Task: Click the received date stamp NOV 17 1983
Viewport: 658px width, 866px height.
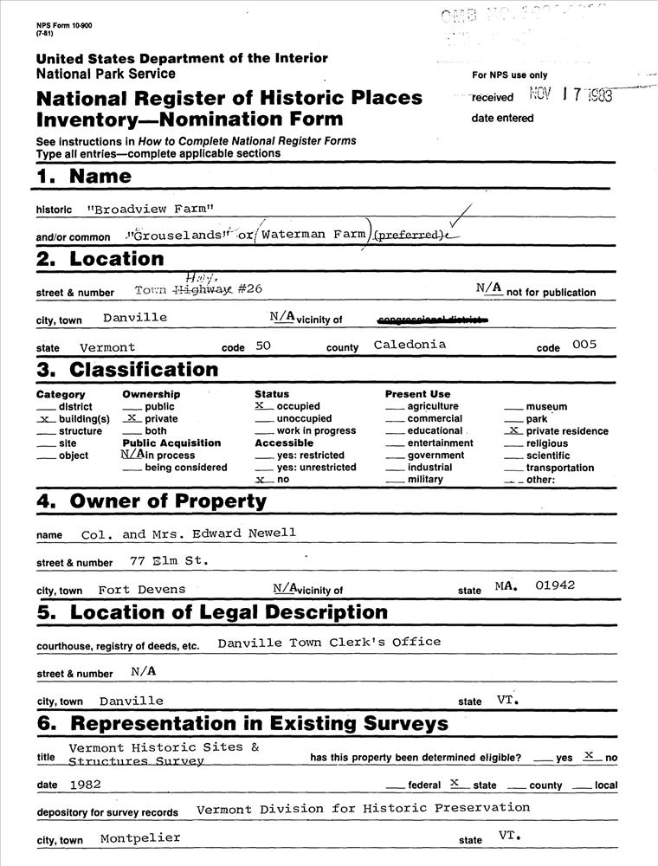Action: (x=571, y=95)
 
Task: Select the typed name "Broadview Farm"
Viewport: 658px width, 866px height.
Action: (x=151, y=209)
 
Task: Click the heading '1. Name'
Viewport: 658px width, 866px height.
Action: (x=84, y=177)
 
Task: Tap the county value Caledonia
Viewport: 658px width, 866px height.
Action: (x=410, y=345)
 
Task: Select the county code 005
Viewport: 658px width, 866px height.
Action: (x=584, y=345)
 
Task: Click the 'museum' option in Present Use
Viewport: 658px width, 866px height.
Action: (x=546, y=407)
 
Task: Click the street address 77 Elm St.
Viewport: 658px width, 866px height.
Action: (x=168, y=560)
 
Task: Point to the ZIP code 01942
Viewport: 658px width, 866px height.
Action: (x=555, y=585)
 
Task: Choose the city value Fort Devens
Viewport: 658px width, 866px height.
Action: (x=142, y=590)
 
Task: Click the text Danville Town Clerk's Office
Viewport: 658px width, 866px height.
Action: (x=329, y=643)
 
